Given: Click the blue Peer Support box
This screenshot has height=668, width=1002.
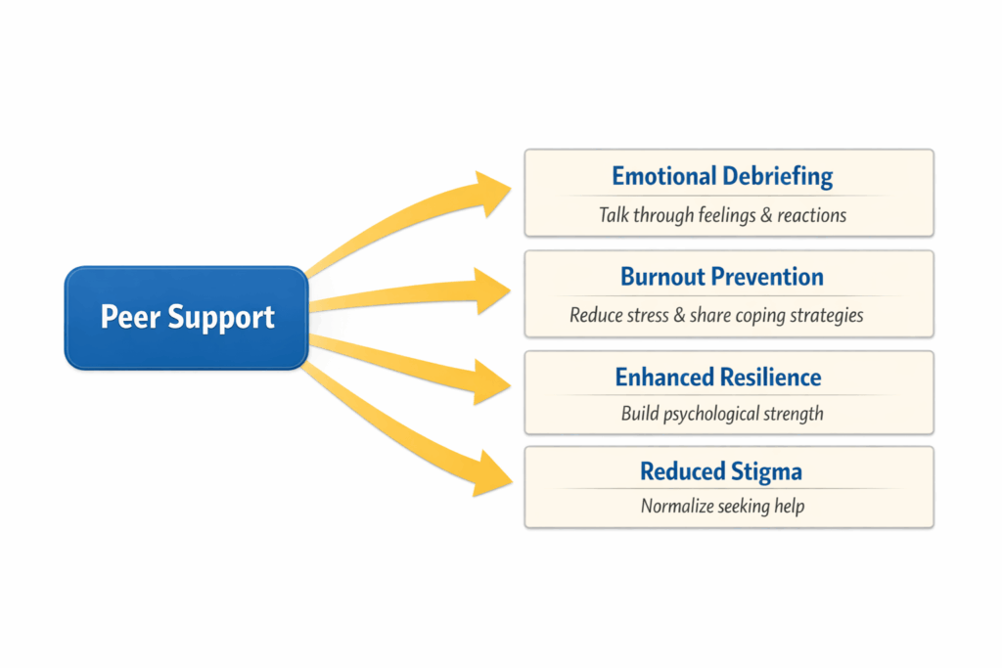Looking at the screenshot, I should pyautogui.click(x=187, y=318).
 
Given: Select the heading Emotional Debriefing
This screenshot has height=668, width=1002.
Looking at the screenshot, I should pyautogui.click(x=722, y=177).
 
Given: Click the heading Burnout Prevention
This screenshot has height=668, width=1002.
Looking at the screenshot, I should pyautogui.click(x=722, y=277).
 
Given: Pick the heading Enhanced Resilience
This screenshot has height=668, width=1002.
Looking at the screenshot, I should pyautogui.click(x=718, y=378).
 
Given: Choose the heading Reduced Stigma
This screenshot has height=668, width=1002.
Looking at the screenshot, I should pyautogui.click(x=721, y=472).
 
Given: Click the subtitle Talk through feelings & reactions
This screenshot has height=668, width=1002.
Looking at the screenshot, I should pyautogui.click(x=722, y=214).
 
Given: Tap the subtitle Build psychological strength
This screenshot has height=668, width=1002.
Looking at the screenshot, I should pyautogui.click(x=722, y=414).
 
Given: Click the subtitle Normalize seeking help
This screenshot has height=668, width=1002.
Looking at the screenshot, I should pyautogui.click(x=722, y=507).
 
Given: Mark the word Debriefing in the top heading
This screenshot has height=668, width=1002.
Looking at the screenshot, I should pyautogui.click(x=778, y=177).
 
